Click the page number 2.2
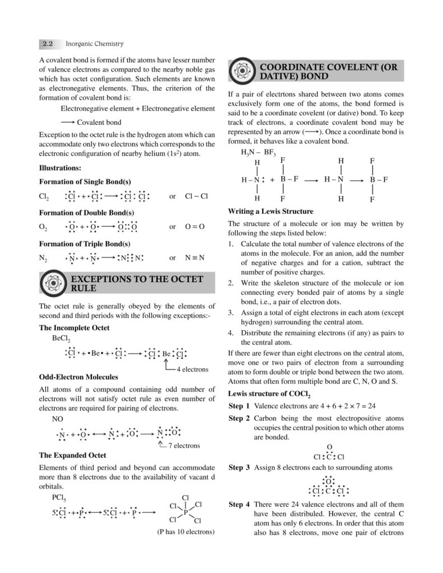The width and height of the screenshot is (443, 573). point(48,44)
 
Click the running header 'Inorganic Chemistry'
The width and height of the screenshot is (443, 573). point(95,44)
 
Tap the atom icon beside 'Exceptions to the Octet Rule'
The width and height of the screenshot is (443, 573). point(53,283)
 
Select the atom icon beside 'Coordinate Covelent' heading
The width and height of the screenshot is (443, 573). point(242,72)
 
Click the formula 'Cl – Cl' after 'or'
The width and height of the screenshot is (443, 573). point(196,196)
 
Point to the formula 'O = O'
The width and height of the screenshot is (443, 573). point(194,227)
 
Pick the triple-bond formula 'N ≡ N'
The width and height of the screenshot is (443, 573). point(195,258)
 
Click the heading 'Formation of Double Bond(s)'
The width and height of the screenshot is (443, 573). point(86,213)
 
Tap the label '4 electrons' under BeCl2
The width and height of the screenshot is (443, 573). point(192,369)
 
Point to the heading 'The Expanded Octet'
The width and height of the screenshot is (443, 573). point(72,455)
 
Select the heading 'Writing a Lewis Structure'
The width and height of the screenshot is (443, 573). point(271,212)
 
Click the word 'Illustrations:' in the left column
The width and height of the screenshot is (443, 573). point(60,167)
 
